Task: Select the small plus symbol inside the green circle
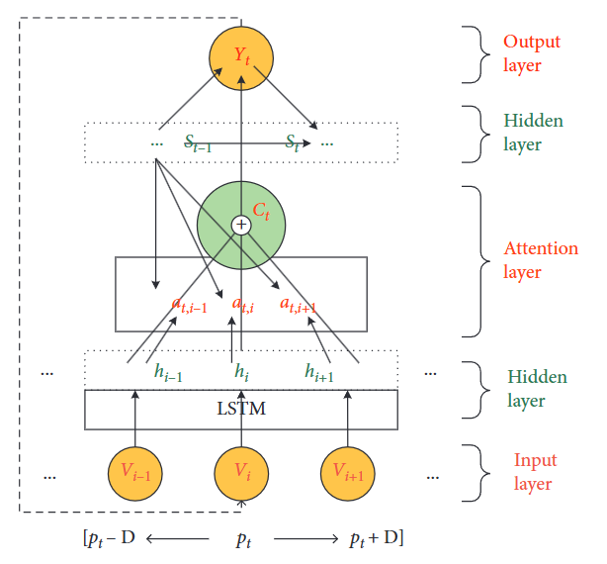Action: (241, 226)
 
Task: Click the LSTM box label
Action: (240, 409)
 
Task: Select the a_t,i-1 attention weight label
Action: (189, 305)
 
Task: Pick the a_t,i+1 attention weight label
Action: (297, 305)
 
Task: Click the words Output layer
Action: (531, 54)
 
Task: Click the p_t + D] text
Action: (377, 540)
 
